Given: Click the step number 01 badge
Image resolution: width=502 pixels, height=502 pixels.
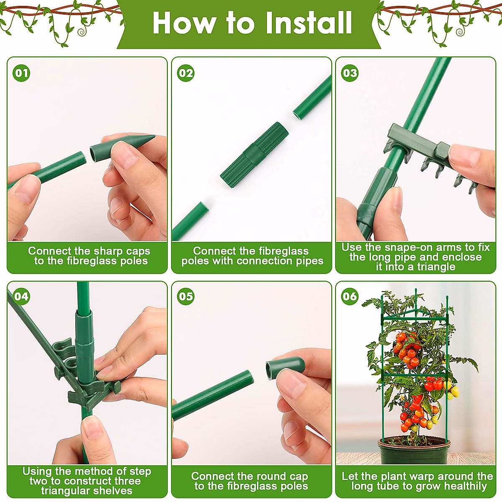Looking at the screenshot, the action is tap(21, 73).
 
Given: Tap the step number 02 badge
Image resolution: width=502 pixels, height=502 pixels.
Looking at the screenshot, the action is tap(186, 73).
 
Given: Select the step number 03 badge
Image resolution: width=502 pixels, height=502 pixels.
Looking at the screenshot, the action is tap(350, 73).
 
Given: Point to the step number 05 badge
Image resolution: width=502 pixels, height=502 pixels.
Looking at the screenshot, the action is tap(186, 296).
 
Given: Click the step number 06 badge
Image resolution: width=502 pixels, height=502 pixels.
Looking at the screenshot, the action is tap(350, 296).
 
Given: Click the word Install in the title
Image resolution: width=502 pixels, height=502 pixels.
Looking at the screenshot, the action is tap(309, 23).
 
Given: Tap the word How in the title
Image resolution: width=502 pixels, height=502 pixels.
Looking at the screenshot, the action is tap(183, 23).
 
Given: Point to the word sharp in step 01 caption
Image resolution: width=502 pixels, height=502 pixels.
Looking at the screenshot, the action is tap(108, 251).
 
